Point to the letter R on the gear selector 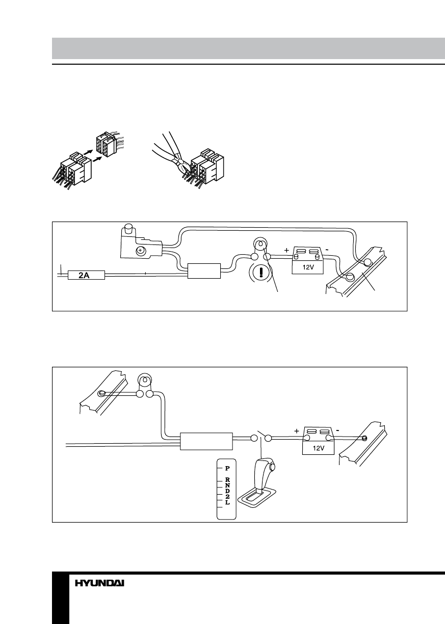[227, 480]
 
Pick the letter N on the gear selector [227, 485]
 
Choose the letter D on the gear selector [227, 491]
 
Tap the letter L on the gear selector [227, 503]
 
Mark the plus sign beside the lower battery [296, 430]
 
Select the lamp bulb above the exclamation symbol [260, 246]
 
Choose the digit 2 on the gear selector [227, 497]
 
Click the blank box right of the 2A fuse [204, 271]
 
